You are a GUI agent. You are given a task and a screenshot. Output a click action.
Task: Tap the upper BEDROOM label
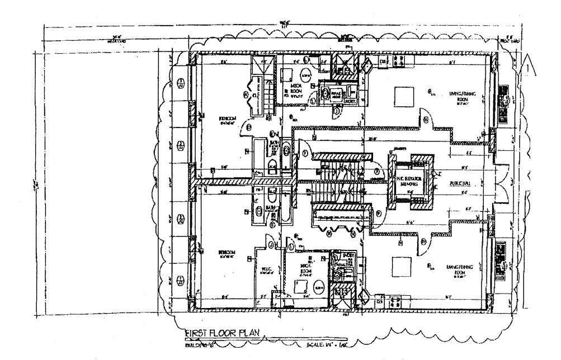tap(230, 119)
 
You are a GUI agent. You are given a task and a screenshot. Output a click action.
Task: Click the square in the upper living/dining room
tap(405, 98)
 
